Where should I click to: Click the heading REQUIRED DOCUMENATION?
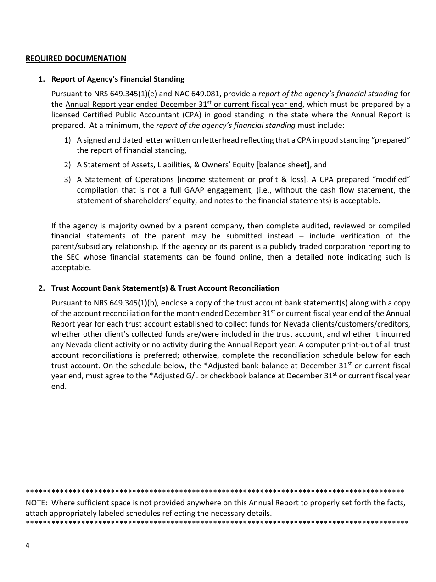[76, 58]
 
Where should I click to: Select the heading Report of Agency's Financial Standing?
[117, 79]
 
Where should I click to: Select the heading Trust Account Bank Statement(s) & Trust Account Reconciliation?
[165, 288]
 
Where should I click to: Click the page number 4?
[28, 545]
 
